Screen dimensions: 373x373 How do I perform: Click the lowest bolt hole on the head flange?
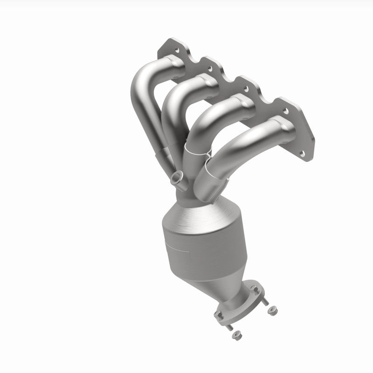[303, 152]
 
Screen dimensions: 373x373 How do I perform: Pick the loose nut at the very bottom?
[236, 333]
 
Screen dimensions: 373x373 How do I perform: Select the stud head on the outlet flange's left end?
[219, 315]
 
